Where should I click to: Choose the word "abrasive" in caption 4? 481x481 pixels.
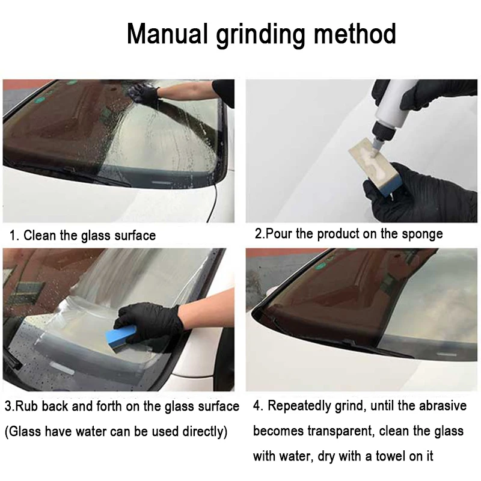click(441, 406)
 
